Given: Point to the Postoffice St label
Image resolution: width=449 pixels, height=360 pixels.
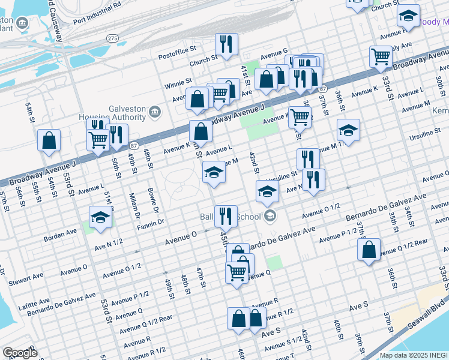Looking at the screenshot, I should click(177, 56).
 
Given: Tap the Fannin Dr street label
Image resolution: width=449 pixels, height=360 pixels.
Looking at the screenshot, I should click(151, 223).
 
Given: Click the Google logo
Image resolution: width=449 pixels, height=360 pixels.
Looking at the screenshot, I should click(20, 353).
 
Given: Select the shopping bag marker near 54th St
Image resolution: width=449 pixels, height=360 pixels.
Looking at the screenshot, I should click(49, 140).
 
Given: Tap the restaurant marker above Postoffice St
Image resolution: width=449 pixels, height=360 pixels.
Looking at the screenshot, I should click(226, 44).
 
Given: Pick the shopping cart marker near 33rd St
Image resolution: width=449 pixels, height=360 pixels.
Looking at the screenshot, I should click(381, 56).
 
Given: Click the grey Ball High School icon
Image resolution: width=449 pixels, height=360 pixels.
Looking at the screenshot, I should click(270, 216).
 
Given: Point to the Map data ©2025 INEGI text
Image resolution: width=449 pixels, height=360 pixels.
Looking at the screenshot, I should click(414, 355).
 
